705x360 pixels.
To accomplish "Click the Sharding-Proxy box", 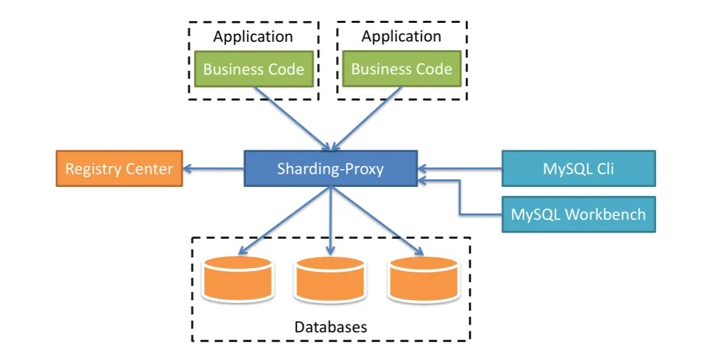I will [x=330, y=169].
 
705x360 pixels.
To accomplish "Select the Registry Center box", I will [x=119, y=169].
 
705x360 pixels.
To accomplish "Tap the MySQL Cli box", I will [x=578, y=169].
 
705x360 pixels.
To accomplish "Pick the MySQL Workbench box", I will [x=578, y=214].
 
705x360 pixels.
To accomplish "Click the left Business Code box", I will [x=254, y=69].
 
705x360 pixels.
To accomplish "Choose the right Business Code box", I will [x=402, y=69].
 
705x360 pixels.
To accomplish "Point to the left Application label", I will [x=253, y=37].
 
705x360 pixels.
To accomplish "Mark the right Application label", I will [x=401, y=37].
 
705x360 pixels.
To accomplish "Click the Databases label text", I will [x=331, y=327].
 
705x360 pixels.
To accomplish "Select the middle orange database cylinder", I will [x=330, y=279].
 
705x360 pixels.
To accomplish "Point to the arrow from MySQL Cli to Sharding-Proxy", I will [x=460, y=169].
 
